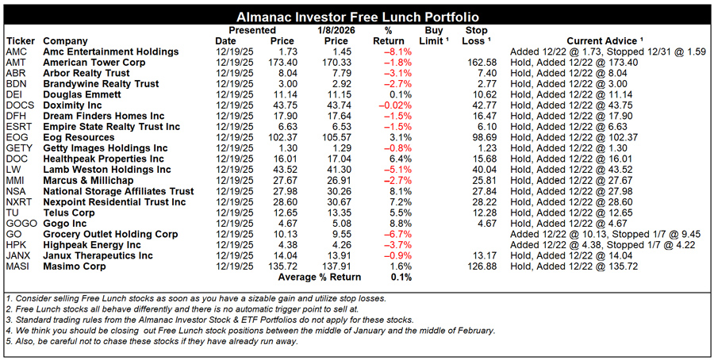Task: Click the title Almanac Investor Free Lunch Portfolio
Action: click(357, 17)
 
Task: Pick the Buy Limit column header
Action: click(433, 36)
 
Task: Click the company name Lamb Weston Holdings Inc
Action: click(107, 170)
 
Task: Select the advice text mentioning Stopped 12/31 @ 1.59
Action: click(608, 52)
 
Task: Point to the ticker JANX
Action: click(18, 255)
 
